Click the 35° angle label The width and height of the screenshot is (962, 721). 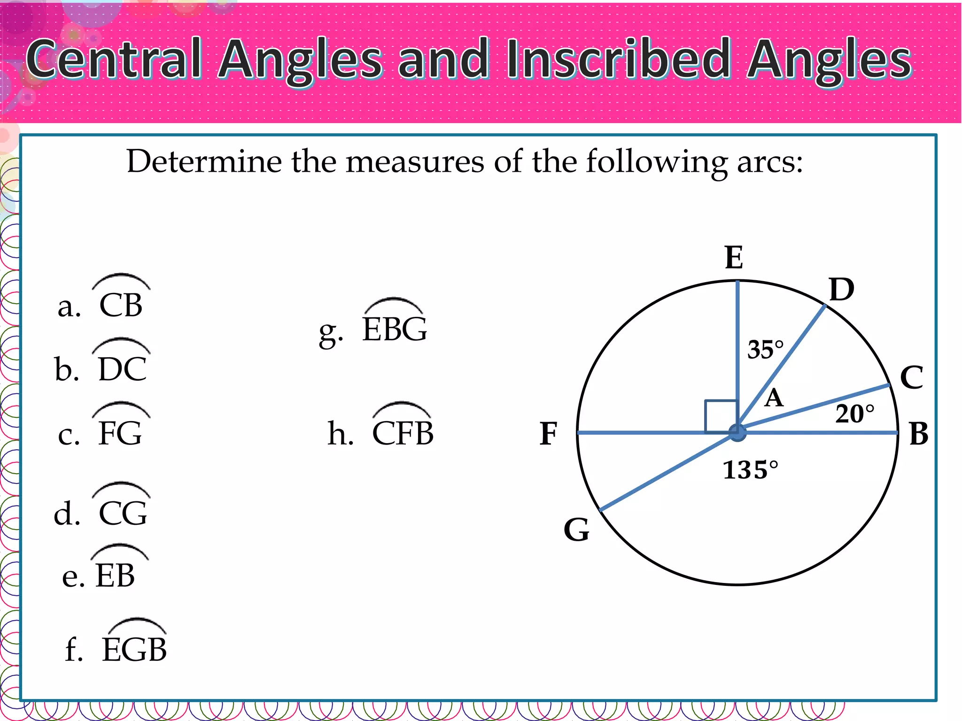point(765,350)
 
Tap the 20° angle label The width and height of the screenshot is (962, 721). point(854,414)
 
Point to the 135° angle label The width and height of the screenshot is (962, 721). point(750,470)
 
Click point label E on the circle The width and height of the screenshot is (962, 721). point(734,258)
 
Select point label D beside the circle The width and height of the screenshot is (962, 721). point(841,290)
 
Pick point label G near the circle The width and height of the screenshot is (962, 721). point(576,530)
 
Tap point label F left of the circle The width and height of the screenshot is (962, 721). point(548,434)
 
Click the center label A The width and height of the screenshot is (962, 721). point(774,399)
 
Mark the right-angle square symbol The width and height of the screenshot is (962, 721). point(721,416)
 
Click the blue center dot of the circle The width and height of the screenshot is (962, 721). point(737,433)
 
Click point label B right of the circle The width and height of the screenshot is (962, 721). point(918,434)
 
